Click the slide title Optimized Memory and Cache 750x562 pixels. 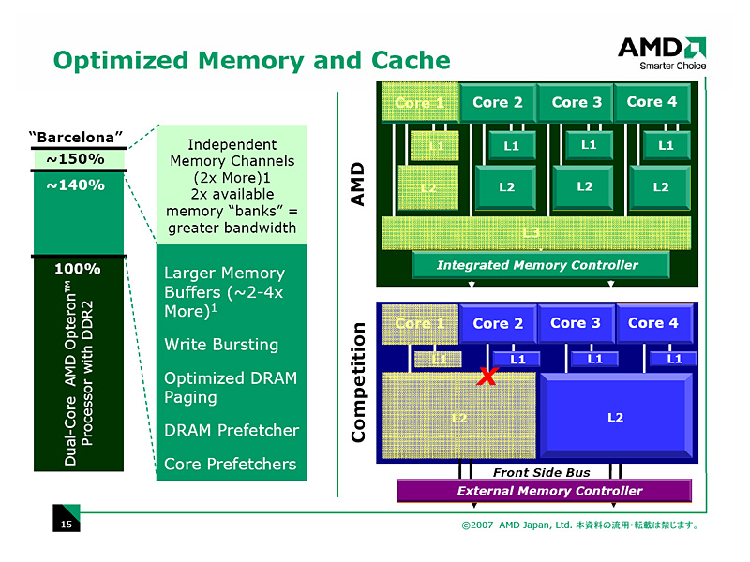tap(251, 61)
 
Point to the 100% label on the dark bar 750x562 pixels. tap(77, 269)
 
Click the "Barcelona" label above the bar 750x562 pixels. tap(76, 138)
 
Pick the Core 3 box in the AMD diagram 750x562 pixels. tap(576, 102)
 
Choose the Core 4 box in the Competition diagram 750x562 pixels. tap(652, 323)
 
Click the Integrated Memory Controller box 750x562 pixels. tap(538, 265)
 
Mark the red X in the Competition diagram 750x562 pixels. tap(487, 377)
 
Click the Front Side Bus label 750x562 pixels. tap(541, 472)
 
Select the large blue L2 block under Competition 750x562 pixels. tap(615, 417)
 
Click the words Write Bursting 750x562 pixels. tap(221, 344)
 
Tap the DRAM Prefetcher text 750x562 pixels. tap(232, 430)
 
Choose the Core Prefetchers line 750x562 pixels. tap(230, 464)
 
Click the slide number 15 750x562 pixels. tap(66, 525)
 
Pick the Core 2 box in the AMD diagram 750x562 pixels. tap(498, 102)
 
